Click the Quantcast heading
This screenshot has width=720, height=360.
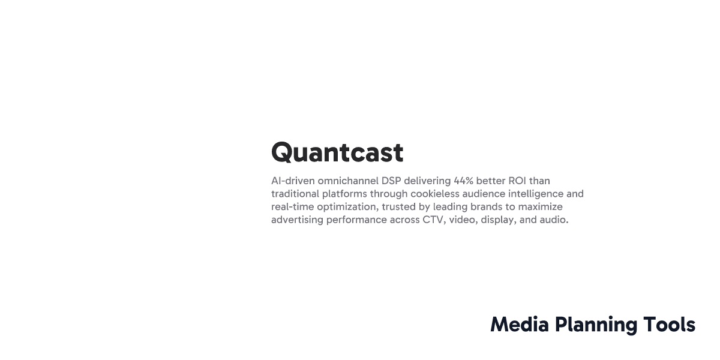click(x=337, y=153)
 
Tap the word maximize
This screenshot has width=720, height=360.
click(x=540, y=207)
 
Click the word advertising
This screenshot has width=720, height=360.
click(x=298, y=220)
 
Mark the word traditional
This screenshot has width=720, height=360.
click(x=296, y=194)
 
